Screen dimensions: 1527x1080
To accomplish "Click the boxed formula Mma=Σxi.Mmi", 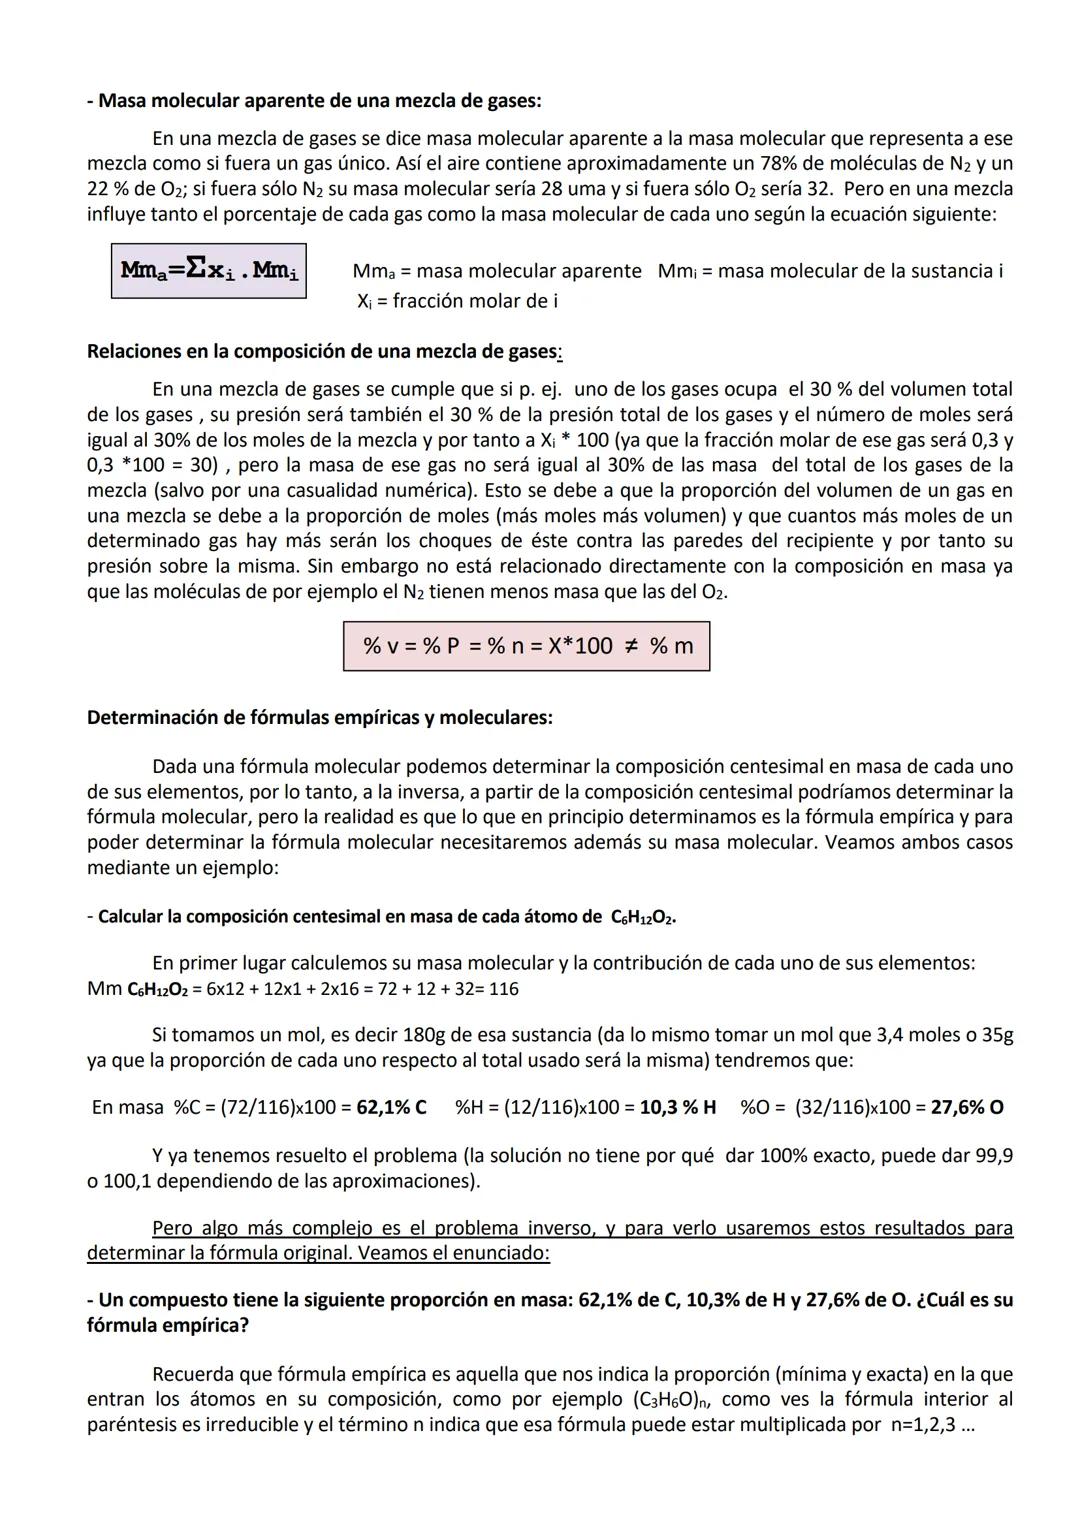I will pos(209,270).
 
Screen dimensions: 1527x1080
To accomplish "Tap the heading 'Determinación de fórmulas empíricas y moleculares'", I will pos(320,717).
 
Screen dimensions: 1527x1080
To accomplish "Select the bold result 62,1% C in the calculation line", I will pos(391,1107).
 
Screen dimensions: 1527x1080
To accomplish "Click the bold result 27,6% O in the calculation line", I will pos(967,1107).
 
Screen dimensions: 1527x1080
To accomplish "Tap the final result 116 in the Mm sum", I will pos(505,989).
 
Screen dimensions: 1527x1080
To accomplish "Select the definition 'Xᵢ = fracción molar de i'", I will pos(457,300).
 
